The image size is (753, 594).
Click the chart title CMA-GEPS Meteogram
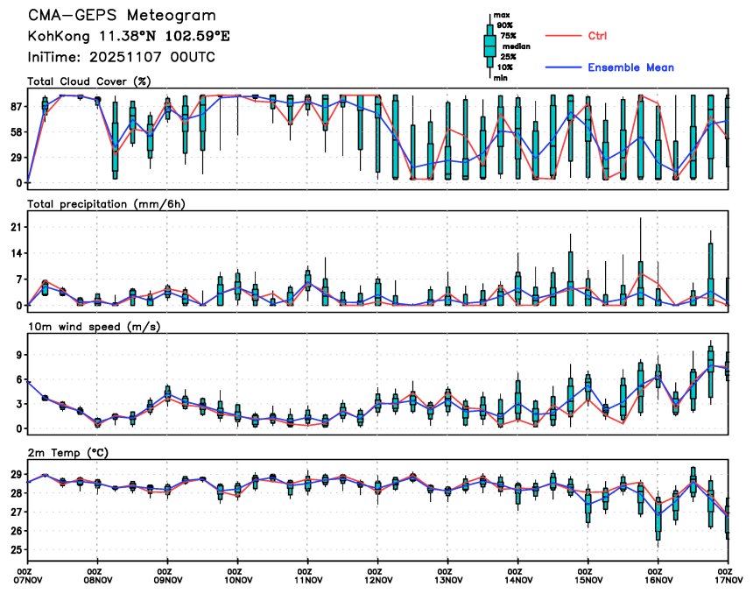tap(122, 17)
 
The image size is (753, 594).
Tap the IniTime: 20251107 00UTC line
tap(122, 58)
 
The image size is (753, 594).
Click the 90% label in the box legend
tap(505, 25)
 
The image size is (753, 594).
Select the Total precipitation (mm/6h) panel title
tap(106, 204)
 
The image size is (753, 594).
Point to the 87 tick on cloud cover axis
tap(16, 106)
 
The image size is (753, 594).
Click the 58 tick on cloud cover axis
tap(16, 131)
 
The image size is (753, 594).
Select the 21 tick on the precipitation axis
tap(16, 227)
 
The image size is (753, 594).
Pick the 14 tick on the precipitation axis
tap(16, 253)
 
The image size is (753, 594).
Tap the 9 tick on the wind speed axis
tap(18, 355)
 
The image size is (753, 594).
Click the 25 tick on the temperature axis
tap(16, 550)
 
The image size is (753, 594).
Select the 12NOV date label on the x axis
tap(377, 579)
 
